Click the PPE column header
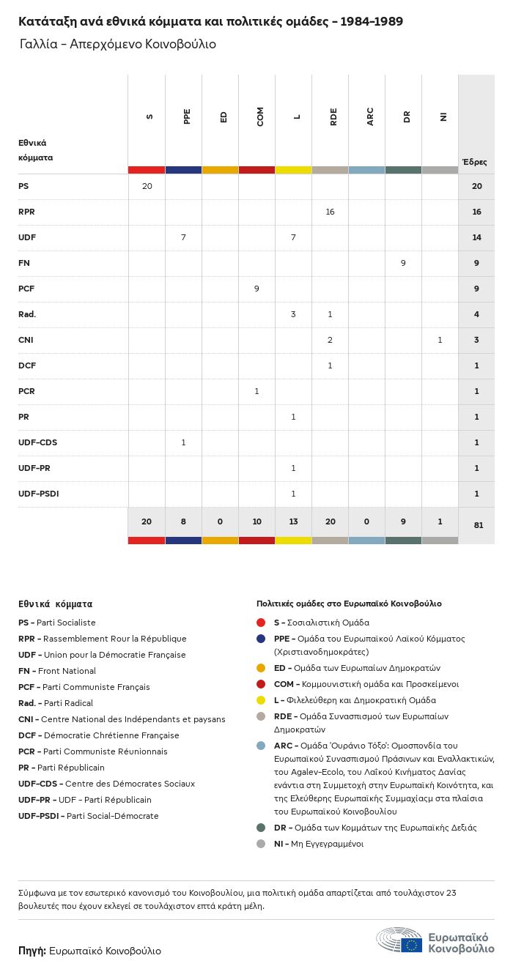point(187,116)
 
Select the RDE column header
point(333,116)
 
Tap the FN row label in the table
point(23,263)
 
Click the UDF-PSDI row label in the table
point(39,494)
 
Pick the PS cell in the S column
point(147,186)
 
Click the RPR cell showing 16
point(330,212)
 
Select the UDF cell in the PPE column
point(183,237)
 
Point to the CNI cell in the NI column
point(440,340)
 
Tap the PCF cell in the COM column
point(256,289)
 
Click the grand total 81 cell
point(479,525)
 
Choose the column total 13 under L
point(294,521)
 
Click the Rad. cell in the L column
point(294,314)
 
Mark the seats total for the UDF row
point(476,237)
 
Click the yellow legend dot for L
point(261,700)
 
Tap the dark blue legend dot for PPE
point(261,639)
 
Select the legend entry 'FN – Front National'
point(57,671)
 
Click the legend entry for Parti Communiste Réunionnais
point(92,751)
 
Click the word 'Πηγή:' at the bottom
point(32,951)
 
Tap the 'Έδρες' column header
point(475,162)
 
